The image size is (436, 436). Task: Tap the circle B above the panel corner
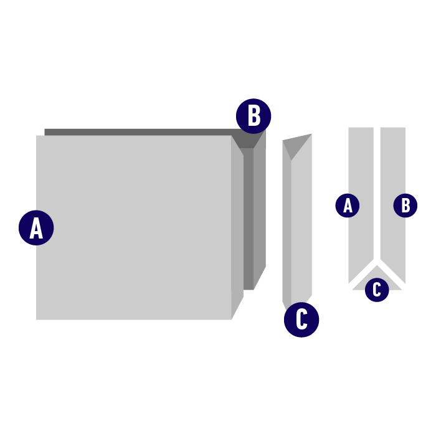(x=254, y=116)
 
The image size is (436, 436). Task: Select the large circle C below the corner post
(x=301, y=320)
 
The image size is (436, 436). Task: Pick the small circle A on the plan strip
(x=348, y=205)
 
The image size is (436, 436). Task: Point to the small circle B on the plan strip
(x=405, y=205)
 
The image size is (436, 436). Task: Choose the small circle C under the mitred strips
(x=377, y=290)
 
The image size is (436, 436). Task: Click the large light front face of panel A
(x=134, y=227)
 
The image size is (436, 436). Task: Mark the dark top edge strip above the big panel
(x=137, y=131)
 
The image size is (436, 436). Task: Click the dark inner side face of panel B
(x=249, y=218)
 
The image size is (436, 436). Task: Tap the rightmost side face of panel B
(x=260, y=212)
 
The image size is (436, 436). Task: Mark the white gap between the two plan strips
(x=377, y=187)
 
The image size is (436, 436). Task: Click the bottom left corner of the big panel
(x=37, y=320)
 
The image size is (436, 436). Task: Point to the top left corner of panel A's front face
(x=37, y=136)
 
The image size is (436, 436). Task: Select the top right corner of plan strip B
(x=405, y=128)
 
